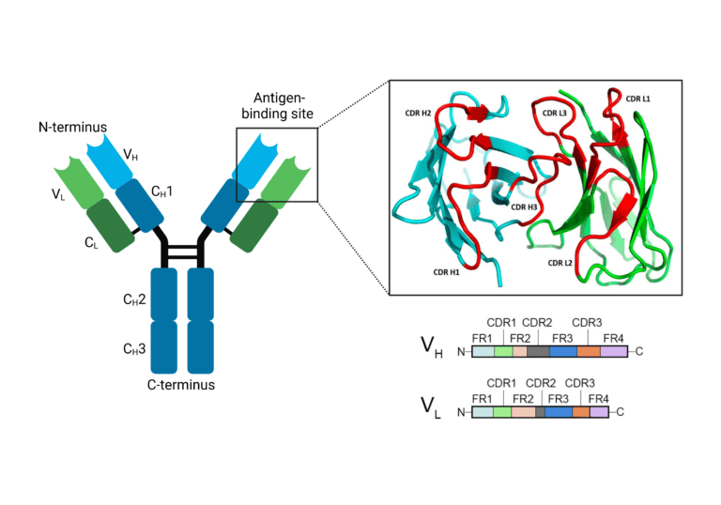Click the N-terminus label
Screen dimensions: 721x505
(72, 127)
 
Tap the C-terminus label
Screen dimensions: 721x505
(180, 385)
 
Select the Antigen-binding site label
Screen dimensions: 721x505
(277, 105)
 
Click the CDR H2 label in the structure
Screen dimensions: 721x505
(418, 114)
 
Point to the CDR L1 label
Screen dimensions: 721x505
(637, 99)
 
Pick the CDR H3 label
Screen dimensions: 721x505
(524, 207)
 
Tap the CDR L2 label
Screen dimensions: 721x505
(560, 263)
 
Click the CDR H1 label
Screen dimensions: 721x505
(446, 272)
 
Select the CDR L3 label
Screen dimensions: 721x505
(555, 114)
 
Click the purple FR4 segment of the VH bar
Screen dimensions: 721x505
(614, 351)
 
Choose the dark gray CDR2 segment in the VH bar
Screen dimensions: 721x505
(538, 351)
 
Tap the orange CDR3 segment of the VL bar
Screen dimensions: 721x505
(581, 412)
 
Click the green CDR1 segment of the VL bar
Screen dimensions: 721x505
(502, 412)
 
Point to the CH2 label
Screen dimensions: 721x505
(134, 299)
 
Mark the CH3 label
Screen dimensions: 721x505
(134, 349)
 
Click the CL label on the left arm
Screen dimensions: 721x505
(91, 243)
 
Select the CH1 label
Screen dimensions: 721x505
(161, 191)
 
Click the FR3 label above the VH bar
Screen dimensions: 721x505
(562, 339)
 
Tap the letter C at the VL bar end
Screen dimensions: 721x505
(621, 412)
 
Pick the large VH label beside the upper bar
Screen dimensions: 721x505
(432, 347)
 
